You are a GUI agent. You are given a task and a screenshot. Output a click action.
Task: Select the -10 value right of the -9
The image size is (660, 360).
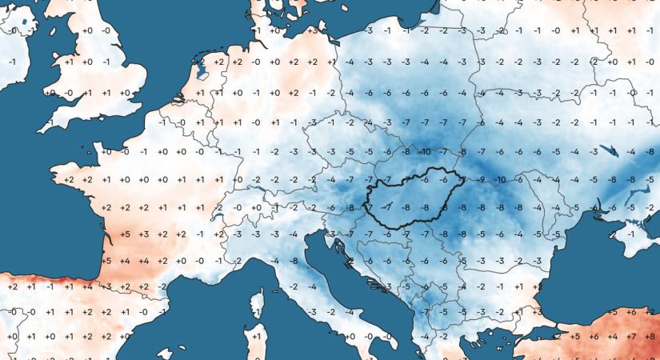pyautogui.click(x=501, y=179)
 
